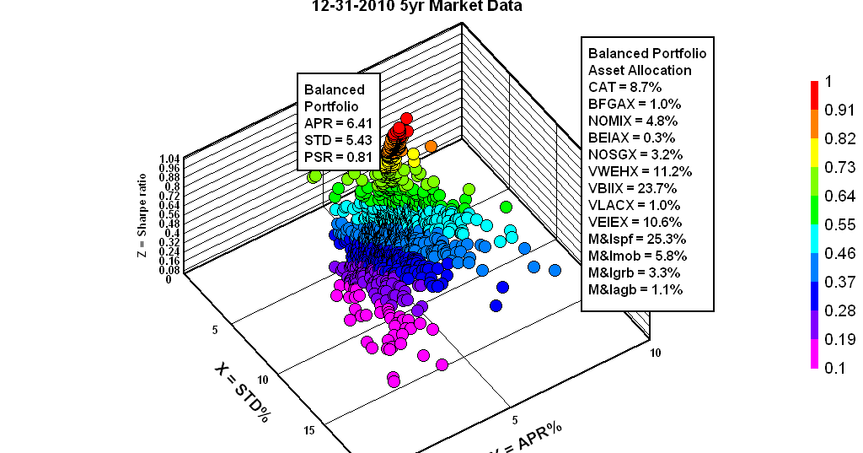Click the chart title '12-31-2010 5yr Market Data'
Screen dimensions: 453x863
click(x=416, y=7)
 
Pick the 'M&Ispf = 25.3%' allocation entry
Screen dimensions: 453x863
click(x=638, y=239)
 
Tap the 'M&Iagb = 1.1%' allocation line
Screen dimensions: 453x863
click(x=635, y=289)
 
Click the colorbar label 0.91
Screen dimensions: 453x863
click(x=841, y=110)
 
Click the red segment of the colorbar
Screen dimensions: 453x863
click(x=815, y=95)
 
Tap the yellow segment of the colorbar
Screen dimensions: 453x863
click(x=815, y=154)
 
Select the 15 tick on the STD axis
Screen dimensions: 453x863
click(x=309, y=431)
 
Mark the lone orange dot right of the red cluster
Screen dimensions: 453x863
click(x=431, y=146)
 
